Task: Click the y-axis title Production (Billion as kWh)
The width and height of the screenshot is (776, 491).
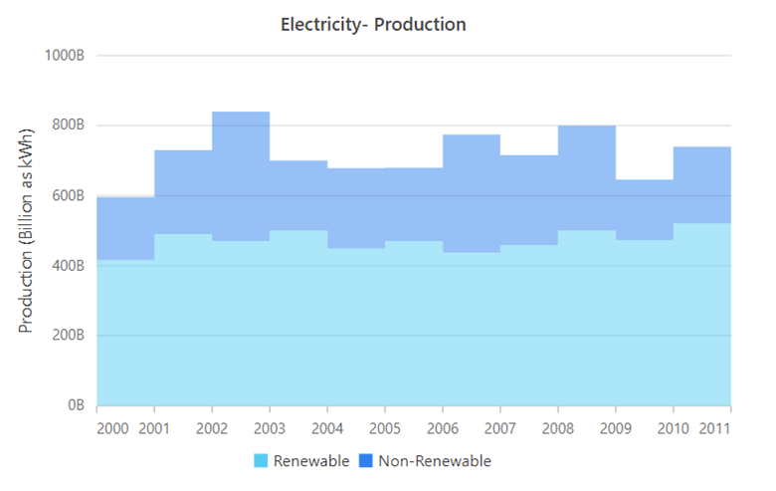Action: [28, 230]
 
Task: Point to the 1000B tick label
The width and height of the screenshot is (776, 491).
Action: [64, 56]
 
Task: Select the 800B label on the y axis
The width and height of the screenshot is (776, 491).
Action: [66, 125]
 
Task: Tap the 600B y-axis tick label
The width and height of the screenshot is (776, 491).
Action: [66, 196]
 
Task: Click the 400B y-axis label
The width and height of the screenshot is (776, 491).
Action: [66, 266]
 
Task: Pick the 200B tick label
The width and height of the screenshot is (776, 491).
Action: [66, 336]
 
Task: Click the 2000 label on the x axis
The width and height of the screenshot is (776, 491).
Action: [112, 429]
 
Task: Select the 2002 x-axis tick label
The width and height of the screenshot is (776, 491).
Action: [212, 429]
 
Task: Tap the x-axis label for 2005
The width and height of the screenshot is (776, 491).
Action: [385, 429]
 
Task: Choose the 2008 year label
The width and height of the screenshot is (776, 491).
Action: [558, 429]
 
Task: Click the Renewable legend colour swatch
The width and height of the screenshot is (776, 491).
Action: [262, 461]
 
